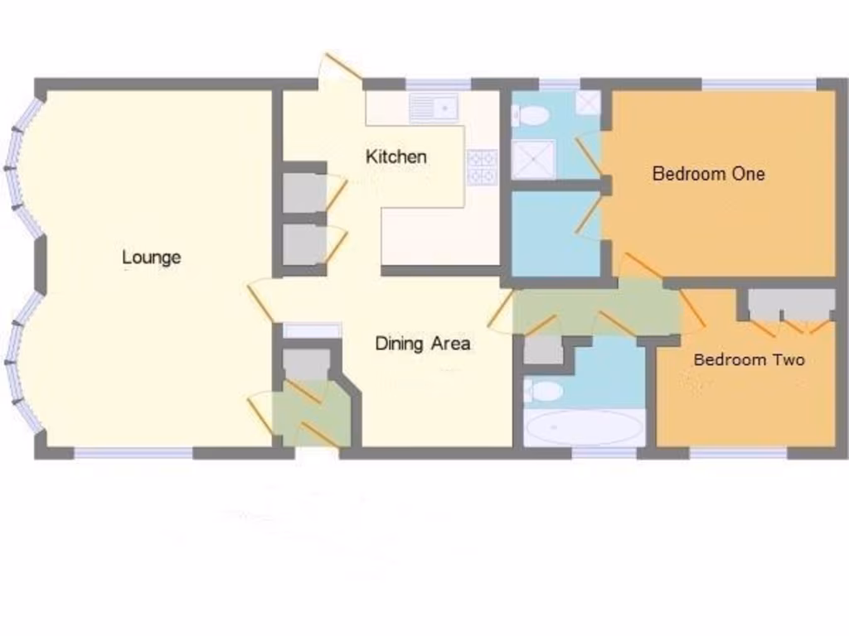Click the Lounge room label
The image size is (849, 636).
click(151, 257)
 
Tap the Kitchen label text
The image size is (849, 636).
click(396, 157)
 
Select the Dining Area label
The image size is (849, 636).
click(423, 343)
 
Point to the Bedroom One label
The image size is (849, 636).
click(708, 174)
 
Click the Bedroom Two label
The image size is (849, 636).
click(749, 359)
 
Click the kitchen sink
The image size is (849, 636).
click(434, 108)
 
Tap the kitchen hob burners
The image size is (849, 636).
click(482, 167)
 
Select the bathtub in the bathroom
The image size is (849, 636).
click(585, 427)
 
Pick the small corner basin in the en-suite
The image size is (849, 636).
click(588, 103)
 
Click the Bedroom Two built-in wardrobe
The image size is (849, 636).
click(791, 303)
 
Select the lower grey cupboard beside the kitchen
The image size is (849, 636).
click(304, 245)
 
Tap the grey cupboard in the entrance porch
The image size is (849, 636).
click(307, 364)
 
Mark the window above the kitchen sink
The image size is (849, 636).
click(438, 84)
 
